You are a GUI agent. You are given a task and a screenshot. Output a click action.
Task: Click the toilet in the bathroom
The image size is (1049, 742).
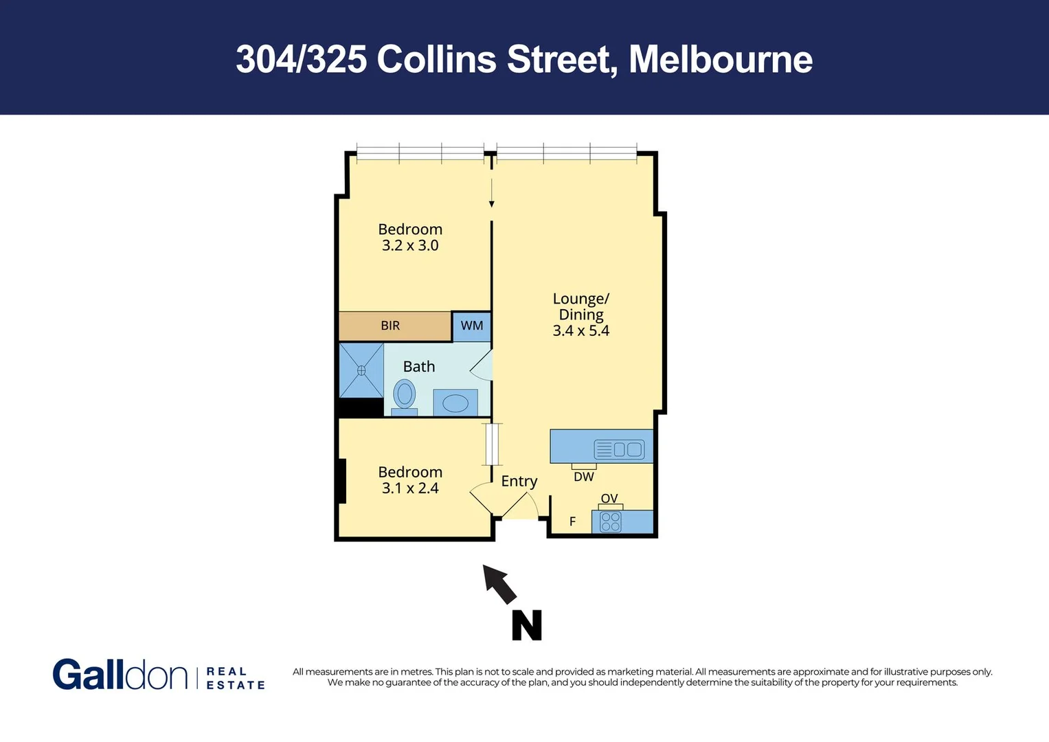coord(405,396)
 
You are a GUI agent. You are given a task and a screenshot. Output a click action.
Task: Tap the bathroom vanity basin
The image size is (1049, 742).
coord(455,403)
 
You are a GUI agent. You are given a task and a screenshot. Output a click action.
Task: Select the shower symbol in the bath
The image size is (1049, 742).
coord(361,370)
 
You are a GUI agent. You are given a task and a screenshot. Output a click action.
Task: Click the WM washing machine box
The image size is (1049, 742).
coord(471,326)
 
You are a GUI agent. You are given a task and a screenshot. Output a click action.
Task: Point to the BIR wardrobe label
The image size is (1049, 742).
coord(390,326)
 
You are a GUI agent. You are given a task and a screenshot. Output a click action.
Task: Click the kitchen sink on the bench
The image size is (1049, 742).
coord(628,449)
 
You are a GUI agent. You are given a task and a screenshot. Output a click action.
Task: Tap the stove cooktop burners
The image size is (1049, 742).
coord(611,522)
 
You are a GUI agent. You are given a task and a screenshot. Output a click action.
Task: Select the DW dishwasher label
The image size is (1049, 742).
coord(584,477)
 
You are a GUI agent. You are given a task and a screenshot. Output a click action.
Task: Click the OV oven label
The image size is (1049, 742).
coord(609,499)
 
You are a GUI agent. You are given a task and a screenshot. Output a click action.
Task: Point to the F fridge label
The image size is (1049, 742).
coord(572,522)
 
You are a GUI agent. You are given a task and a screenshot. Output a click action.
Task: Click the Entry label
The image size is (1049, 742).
coord(519,481)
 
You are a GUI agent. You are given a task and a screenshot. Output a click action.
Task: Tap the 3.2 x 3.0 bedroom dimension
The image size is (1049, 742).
coord(410,245)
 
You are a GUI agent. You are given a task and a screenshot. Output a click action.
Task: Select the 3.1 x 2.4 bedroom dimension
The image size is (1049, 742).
coord(410,488)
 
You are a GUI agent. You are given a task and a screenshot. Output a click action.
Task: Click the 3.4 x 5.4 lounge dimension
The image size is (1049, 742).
coord(580,330)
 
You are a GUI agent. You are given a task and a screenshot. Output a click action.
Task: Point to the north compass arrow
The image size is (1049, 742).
coord(499,584)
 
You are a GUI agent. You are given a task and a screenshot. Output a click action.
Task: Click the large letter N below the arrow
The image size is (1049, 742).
coord(527,625)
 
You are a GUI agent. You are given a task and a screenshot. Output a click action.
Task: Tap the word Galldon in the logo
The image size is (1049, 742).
coord(120,675)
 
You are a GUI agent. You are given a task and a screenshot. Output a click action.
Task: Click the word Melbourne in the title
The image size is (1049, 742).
coord(721,59)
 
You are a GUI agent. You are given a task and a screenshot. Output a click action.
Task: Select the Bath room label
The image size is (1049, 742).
coord(419,367)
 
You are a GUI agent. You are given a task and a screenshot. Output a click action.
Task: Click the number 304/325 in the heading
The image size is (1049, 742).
coord(301,59)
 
